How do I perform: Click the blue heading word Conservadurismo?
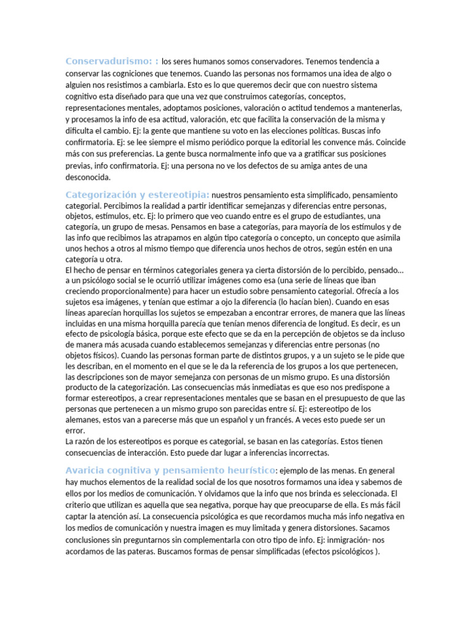pyautogui.click(x=108, y=61)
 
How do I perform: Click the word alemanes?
pyautogui.click(x=85, y=420)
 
